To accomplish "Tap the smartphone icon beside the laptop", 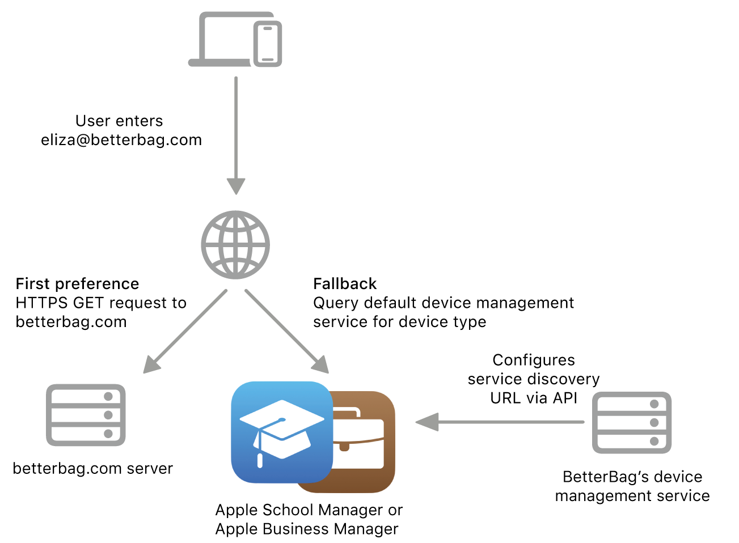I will pos(268,44).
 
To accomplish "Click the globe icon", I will pos(235,245).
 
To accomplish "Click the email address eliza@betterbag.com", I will pos(121,140).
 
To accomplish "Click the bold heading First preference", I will pos(77,283).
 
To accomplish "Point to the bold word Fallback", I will pos(345,283).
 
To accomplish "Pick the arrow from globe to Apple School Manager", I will pos(286,332).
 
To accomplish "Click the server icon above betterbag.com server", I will pos(85,415).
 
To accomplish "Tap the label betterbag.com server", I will pos(92,469).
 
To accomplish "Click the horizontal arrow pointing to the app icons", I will pos(499,422).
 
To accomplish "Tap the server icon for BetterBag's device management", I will pos(631,422).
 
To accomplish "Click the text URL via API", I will pos(534,398).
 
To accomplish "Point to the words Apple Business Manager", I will pos(307,529).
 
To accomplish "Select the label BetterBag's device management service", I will pos(632,486).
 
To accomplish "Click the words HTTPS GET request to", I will pos(101,303).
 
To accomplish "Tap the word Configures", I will pos(534,360).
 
